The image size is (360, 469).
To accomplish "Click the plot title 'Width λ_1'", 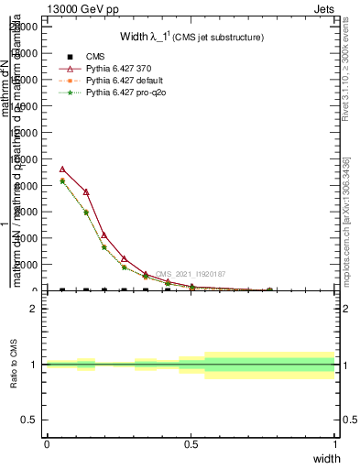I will (145, 38).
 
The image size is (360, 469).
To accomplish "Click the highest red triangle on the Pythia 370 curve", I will (62, 169).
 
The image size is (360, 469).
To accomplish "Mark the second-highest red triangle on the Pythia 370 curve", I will (86, 192).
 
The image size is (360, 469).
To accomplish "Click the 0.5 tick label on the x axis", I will (191, 444).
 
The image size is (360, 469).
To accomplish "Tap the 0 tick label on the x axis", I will (47, 444).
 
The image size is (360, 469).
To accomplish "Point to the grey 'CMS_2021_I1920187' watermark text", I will (191, 274).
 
